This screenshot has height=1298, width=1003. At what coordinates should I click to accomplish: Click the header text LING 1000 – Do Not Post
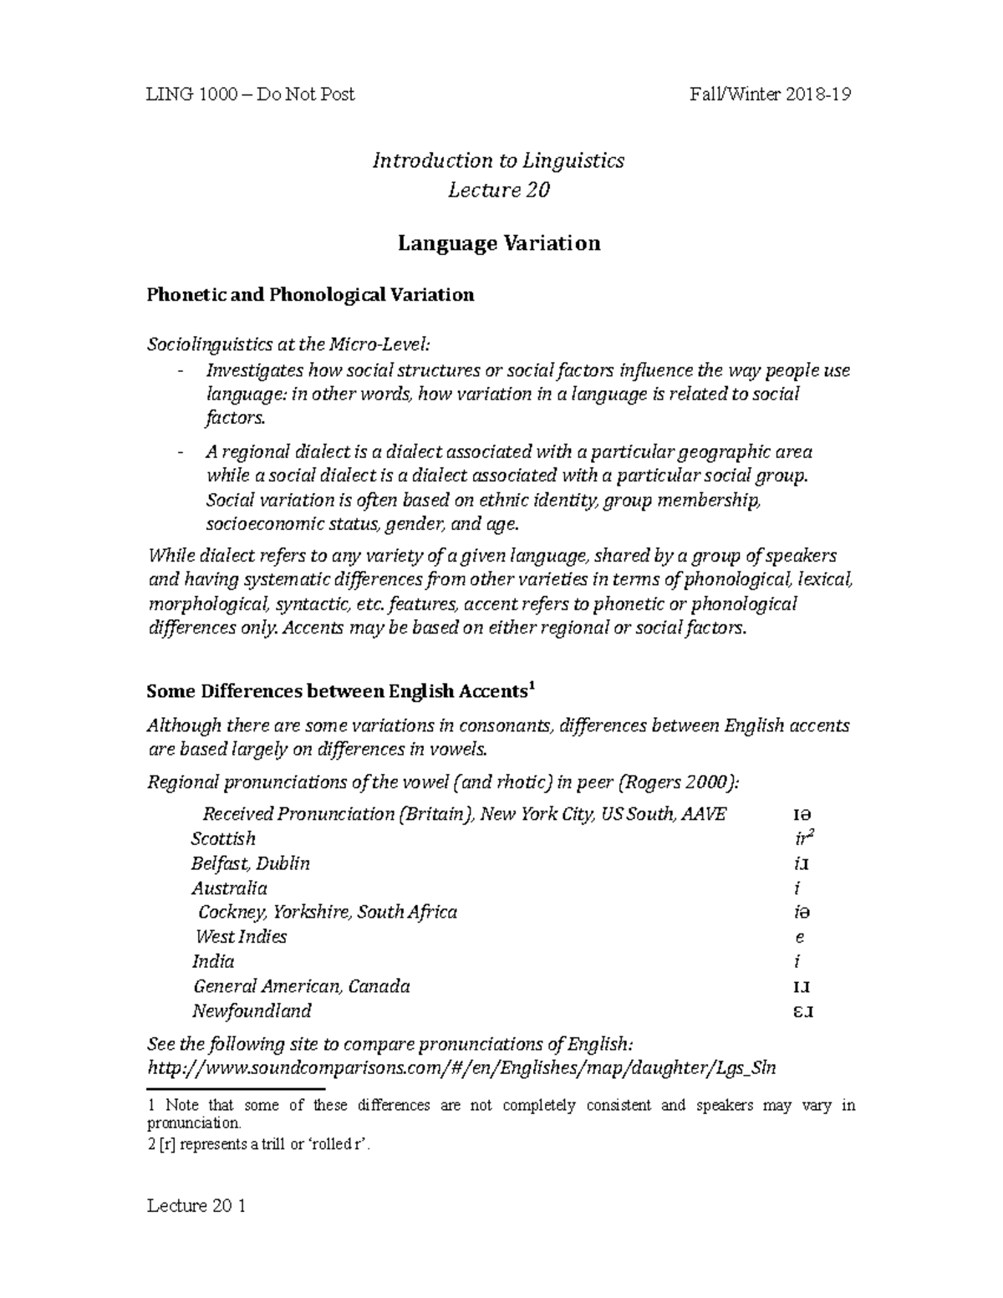pos(251,94)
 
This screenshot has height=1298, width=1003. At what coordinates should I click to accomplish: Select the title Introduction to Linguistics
pos(498,160)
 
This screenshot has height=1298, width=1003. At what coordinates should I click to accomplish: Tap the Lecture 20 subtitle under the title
pos(498,191)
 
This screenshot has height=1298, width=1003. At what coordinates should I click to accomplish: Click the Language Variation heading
pos(498,243)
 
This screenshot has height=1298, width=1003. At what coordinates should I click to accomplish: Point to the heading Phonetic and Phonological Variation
pos(310,295)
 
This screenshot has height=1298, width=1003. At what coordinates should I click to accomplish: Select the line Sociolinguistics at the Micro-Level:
pos(292,344)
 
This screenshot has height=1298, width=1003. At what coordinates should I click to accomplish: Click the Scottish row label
pos(223,838)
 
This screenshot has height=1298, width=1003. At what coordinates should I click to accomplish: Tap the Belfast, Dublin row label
pos(251,863)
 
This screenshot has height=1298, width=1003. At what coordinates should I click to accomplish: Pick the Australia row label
pos(229,888)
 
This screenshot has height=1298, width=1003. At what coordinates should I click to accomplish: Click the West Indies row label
pos(242,937)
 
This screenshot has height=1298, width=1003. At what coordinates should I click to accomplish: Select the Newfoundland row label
pos(252,1010)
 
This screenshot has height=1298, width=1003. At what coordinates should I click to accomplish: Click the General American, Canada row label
pos(302,986)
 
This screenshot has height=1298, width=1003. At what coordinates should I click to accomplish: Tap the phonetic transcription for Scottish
pos(803,838)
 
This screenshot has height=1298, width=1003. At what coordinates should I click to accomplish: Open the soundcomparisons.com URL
pos(461,1068)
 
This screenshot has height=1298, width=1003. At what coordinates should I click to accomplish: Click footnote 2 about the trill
pos(258,1145)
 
